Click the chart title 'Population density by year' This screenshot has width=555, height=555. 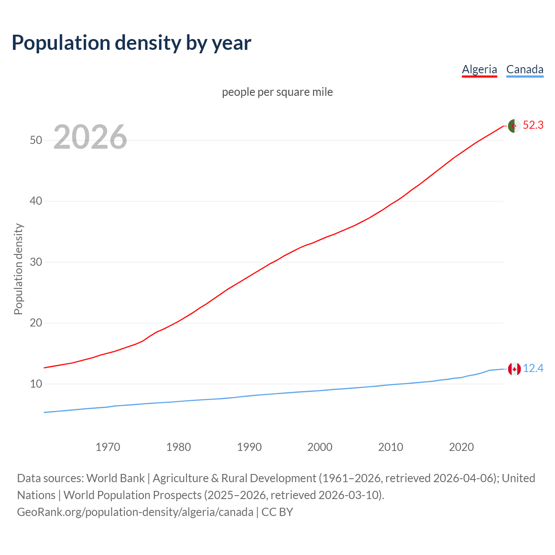tap(131, 43)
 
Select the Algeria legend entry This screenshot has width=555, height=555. tap(479, 69)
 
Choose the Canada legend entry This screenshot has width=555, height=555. tap(525, 69)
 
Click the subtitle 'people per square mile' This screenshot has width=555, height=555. tap(277, 92)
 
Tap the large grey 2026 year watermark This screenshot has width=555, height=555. tap(90, 137)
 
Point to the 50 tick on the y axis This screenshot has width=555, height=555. tap(36, 140)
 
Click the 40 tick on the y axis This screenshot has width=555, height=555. tap(36, 201)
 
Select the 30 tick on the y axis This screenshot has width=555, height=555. tap(36, 262)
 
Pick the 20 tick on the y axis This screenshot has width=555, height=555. tap(36, 323)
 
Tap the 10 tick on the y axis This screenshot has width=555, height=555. tap(36, 384)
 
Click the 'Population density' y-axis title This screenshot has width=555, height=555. tap(18, 269)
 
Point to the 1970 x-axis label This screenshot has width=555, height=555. tap(108, 447)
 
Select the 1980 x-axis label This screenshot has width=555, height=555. tap(179, 447)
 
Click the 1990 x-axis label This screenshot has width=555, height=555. tap(249, 447)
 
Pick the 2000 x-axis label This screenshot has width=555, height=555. tap(320, 447)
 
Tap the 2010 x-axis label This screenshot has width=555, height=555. tap(391, 447)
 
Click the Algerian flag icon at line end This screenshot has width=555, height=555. tap(514, 126)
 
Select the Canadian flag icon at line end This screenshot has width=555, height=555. tap(514, 369)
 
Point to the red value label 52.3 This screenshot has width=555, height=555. tap(533, 125)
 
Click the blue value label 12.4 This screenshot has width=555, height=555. tap(533, 369)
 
